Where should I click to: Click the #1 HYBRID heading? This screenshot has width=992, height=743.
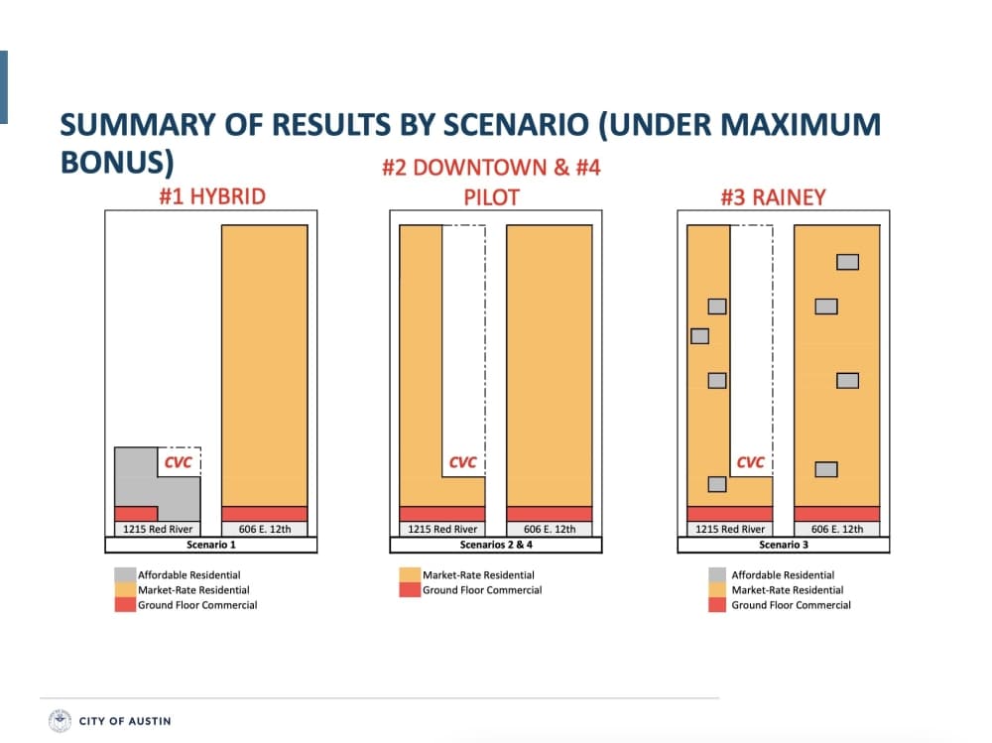212,196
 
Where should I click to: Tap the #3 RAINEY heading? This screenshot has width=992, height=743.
773,197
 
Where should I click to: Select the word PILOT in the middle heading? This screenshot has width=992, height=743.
491,197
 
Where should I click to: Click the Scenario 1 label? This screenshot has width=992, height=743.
210,545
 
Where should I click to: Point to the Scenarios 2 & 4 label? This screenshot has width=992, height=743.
496,545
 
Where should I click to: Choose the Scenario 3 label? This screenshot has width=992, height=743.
784,545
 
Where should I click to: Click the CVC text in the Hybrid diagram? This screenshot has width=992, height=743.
178,462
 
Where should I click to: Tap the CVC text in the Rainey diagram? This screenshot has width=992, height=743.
750,462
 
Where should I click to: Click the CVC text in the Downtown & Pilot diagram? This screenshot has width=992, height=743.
462,462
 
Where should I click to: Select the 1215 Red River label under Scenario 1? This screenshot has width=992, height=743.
158,529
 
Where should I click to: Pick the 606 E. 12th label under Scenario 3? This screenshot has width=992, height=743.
837,529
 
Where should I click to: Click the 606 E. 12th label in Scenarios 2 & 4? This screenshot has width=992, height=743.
550,529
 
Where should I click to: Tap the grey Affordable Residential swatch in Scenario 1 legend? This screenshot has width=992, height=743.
125,574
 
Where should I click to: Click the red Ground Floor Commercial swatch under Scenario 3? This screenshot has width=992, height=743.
717,605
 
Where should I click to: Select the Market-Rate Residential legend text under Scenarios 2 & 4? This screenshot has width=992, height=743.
478,574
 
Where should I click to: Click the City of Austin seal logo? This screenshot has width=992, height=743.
61,721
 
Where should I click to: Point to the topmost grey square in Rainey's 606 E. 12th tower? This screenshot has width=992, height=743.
848,262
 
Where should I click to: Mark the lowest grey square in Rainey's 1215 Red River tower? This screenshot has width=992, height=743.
717,484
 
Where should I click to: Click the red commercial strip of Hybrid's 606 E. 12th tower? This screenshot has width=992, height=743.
265,513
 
